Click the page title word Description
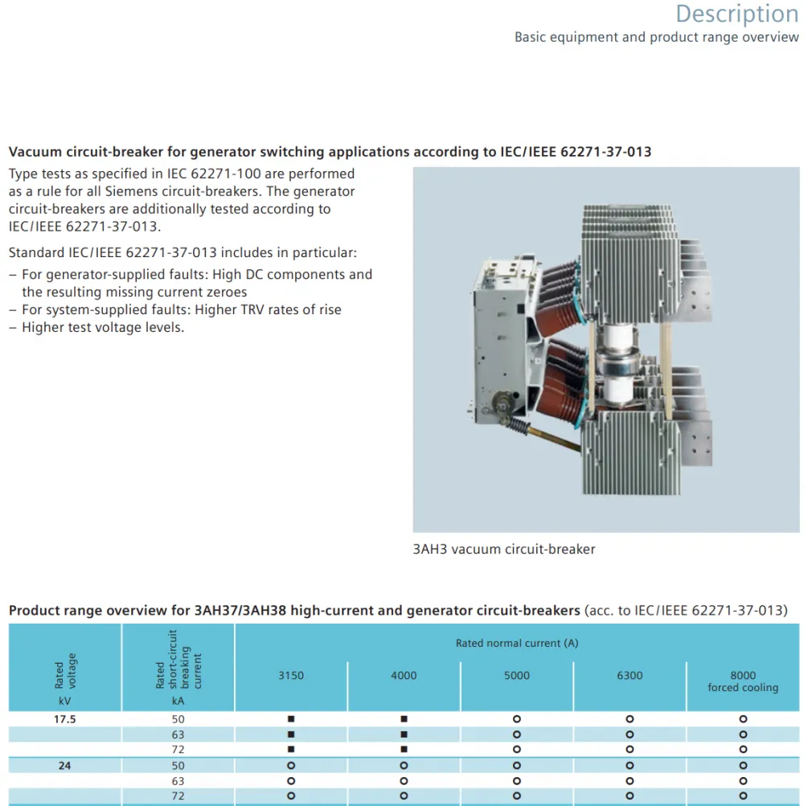pos(736,14)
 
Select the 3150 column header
pos(291,676)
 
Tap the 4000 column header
pos(404,676)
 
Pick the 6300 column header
pos(630,676)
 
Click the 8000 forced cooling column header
pos(743,681)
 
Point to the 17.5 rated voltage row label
pos(65,719)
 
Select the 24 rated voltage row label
pos(64,765)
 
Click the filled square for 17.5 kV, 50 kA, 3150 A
pos(291,719)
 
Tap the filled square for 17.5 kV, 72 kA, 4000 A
pos(404,750)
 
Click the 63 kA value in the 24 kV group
pos(178,781)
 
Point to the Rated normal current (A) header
pos(517,643)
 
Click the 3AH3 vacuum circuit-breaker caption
pos(503,549)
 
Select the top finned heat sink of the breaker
pos(630,264)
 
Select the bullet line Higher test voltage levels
pos(103,327)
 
